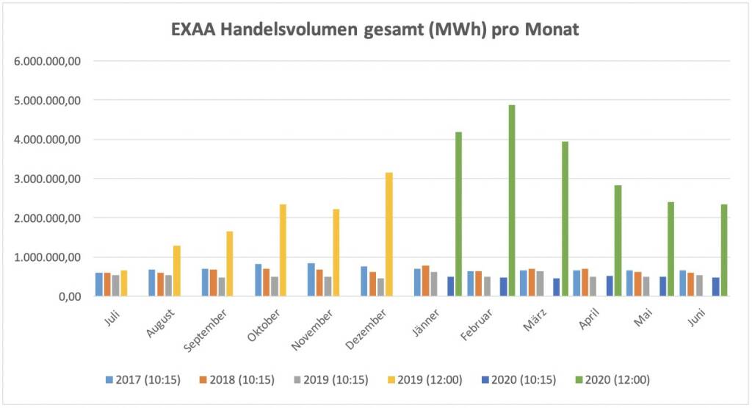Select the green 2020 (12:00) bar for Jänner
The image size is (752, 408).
459,214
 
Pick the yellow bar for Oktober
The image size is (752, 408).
283,250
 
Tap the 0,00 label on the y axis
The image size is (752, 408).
65,297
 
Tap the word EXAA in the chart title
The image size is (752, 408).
194,30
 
